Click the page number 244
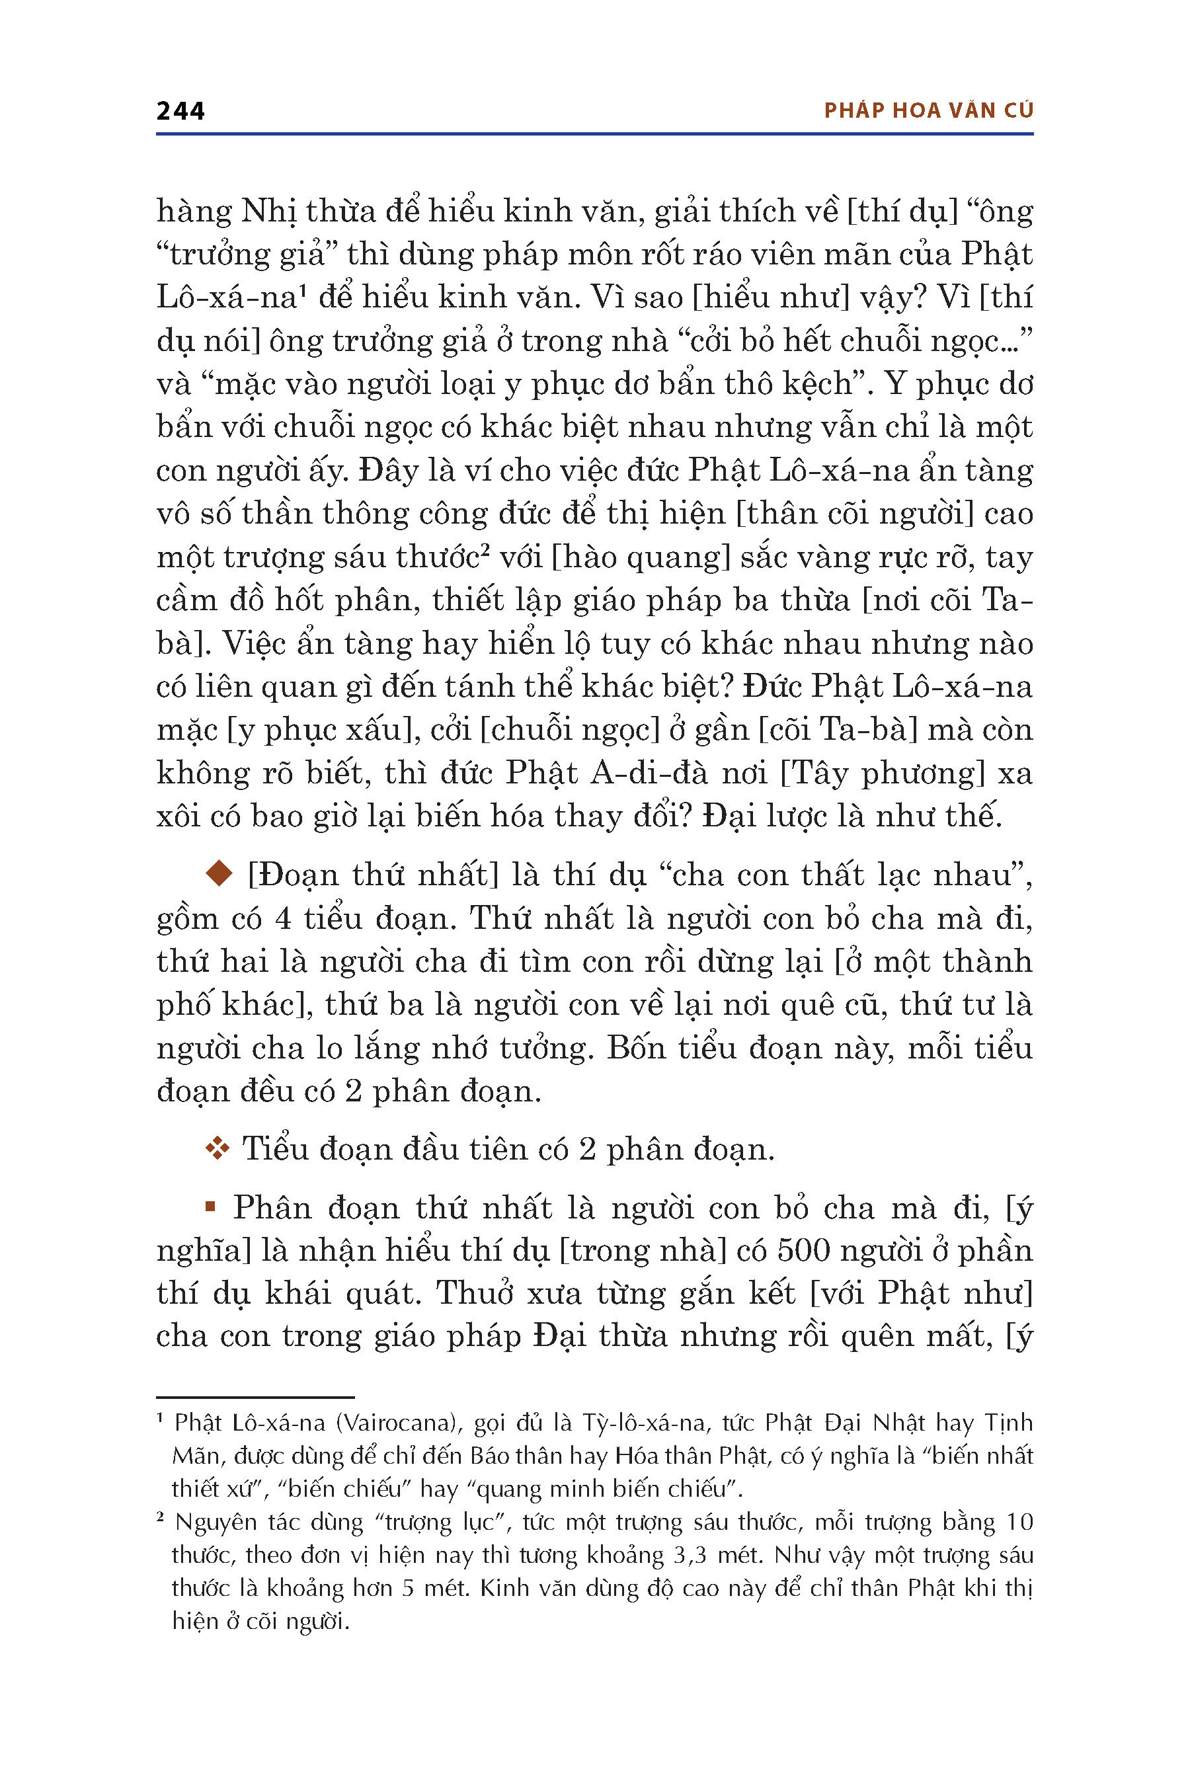[x=180, y=111]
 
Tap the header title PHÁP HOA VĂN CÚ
[x=928, y=111]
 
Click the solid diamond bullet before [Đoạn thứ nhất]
[x=219, y=873]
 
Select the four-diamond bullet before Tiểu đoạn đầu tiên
[x=217, y=1150]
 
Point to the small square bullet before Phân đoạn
[x=211, y=1207]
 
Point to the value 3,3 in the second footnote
[x=689, y=1556]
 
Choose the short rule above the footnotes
[x=255, y=1397]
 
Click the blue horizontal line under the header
[x=594, y=134]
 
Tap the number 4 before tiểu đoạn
[x=283, y=919]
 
